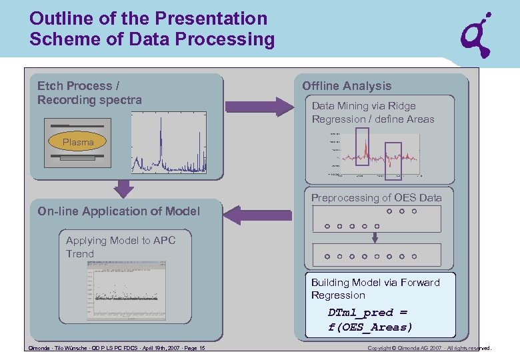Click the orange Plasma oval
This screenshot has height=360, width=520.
coord(78,142)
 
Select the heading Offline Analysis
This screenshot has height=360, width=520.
coord(347,86)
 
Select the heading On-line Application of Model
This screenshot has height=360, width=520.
coord(119,211)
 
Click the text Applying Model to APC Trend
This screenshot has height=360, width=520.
coord(121,247)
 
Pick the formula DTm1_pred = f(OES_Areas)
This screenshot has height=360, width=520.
coord(370,319)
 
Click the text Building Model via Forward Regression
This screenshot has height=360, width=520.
coord(375,289)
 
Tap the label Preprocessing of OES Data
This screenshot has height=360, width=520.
coord(376,198)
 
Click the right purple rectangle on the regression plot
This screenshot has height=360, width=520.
coord(394,161)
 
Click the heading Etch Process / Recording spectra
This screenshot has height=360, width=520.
coord(89,93)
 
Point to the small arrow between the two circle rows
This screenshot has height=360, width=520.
coord(375,237)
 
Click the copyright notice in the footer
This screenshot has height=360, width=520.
coord(429,348)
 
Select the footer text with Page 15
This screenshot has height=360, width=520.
coord(117,348)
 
